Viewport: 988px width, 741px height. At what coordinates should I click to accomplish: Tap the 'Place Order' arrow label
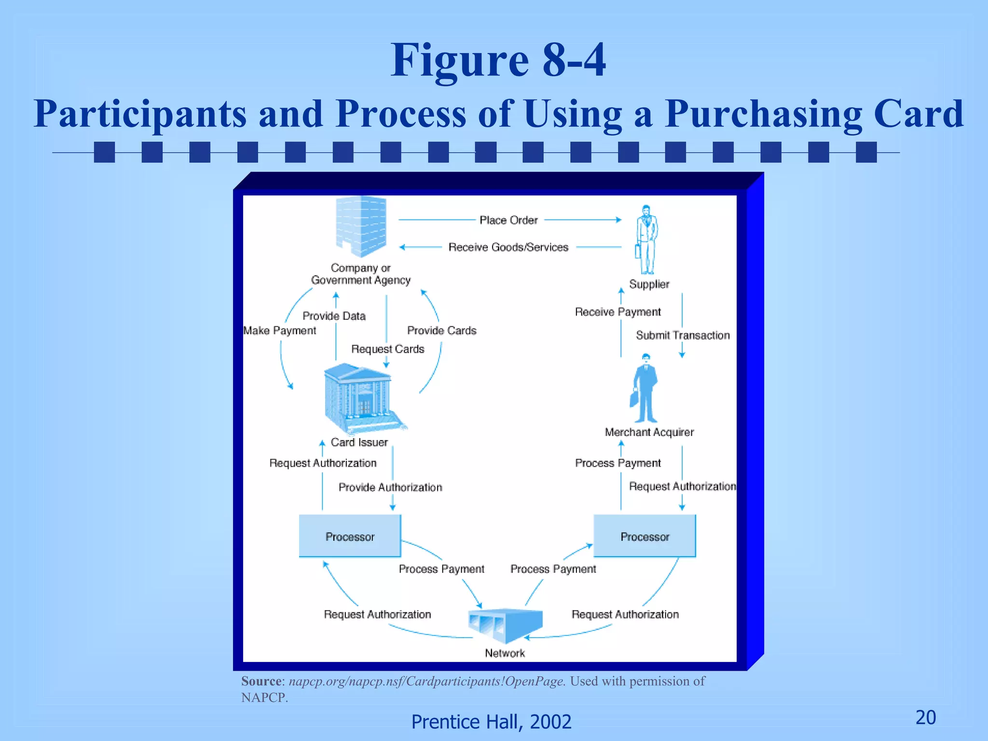point(508,220)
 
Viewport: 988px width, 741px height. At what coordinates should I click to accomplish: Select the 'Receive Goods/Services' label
point(508,247)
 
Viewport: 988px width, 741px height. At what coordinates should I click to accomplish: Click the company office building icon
point(361,226)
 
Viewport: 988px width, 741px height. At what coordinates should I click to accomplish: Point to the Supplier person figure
point(646,239)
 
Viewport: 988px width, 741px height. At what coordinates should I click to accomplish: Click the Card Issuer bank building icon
point(360,398)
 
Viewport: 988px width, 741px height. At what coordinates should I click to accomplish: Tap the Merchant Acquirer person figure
point(645,388)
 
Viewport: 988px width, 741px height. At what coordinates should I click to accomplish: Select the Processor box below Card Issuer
point(350,536)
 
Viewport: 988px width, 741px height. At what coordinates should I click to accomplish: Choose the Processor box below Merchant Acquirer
point(645,536)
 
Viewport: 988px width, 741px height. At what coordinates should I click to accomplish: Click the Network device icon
point(505,625)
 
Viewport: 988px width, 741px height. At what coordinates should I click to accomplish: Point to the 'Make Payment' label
point(280,330)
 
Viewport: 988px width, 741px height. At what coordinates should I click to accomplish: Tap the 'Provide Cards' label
point(442,330)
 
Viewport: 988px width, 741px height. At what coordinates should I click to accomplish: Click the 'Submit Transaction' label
point(683,335)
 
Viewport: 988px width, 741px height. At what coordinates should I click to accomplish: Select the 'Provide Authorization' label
point(390,487)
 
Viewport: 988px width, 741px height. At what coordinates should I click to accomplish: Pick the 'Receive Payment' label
point(618,312)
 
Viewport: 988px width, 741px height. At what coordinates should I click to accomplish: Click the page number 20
point(926,717)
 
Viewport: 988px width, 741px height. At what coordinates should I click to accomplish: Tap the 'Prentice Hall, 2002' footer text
point(491,722)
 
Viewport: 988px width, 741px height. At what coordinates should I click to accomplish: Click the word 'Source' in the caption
point(261,681)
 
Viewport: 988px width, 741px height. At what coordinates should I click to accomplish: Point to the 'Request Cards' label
point(388,349)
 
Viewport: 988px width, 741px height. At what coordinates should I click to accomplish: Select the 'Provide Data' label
point(334,316)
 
